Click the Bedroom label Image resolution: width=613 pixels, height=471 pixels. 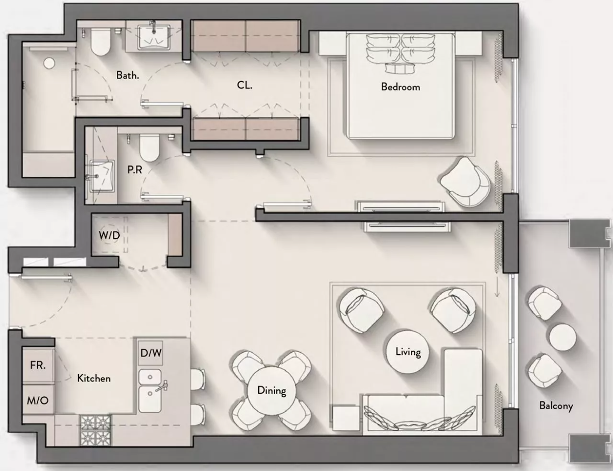(x=400, y=87)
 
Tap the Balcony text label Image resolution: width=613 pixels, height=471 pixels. (x=556, y=406)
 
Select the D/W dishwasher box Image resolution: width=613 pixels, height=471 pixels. (x=151, y=353)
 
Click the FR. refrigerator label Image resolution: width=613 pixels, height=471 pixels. (x=38, y=365)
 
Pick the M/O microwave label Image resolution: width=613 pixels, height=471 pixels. (x=37, y=400)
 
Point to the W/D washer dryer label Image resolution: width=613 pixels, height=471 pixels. (x=109, y=235)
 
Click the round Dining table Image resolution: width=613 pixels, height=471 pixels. (x=272, y=391)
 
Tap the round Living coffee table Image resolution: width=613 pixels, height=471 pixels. (x=408, y=352)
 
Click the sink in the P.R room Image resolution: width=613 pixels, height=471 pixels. (x=102, y=176)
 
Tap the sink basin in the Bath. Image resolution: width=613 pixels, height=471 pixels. (x=154, y=37)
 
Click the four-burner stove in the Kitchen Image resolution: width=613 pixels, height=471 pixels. (x=96, y=430)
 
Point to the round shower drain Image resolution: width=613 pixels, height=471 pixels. (x=50, y=63)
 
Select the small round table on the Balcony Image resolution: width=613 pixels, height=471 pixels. (x=562, y=337)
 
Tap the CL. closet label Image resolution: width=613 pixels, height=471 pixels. (x=244, y=85)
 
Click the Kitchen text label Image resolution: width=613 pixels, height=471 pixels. (x=94, y=378)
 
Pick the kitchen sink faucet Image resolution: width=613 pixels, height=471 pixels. (x=161, y=387)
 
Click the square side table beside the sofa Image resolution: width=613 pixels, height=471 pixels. (x=346, y=418)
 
